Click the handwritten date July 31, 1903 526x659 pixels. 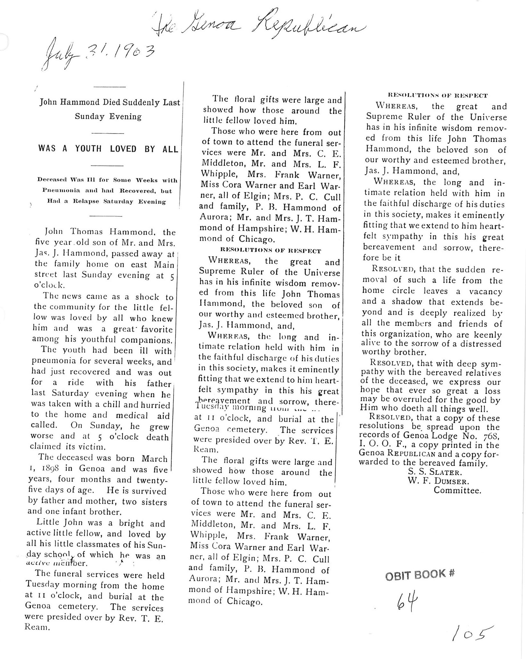98,55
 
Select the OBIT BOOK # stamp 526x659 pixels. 420,574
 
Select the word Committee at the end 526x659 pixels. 457,490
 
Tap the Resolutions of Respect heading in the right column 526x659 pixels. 437,95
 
